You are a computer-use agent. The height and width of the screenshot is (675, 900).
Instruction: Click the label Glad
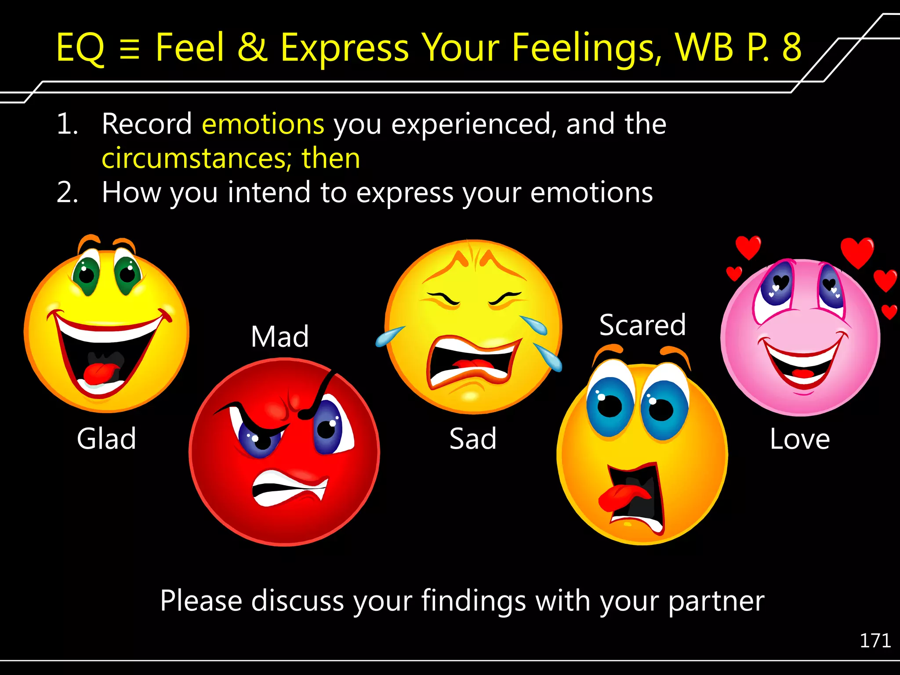[x=106, y=439]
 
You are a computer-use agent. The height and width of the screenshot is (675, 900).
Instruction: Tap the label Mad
[x=280, y=337]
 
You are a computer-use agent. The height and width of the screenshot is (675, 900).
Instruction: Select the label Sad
[x=473, y=439]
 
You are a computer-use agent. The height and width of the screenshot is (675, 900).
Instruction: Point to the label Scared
[x=642, y=325]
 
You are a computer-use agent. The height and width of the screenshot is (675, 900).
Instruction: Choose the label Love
[x=800, y=439]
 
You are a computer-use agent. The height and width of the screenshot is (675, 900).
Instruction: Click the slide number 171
[x=875, y=641]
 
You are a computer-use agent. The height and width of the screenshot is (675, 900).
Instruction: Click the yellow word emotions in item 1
[x=263, y=124]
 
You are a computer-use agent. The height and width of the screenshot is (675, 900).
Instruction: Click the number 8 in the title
[x=791, y=47]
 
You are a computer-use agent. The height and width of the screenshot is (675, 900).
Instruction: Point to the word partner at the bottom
[x=716, y=601]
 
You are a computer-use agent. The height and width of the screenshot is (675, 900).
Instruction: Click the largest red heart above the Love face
[x=857, y=251]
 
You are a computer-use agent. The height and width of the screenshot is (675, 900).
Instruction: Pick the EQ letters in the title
[x=80, y=47]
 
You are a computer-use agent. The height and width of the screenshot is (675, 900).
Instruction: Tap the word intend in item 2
[x=269, y=192]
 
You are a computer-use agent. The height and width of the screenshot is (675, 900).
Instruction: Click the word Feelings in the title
[x=587, y=47]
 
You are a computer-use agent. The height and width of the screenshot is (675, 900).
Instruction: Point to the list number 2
[x=67, y=192]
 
